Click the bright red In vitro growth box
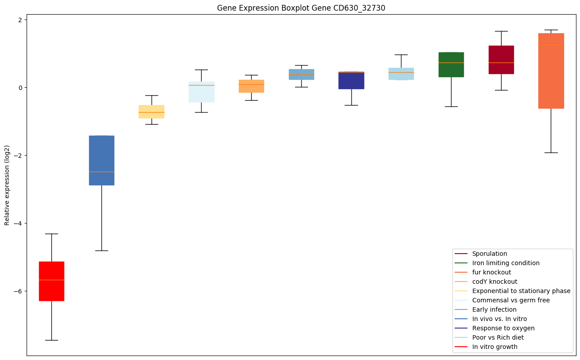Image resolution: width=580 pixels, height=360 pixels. [x=51, y=281]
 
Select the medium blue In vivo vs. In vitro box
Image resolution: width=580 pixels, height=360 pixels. [x=101, y=160]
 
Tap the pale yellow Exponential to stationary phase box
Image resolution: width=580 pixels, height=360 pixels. [x=152, y=111]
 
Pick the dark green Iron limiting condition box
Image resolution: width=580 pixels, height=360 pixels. [x=451, y=65]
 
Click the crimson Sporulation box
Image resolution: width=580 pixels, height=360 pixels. [x=501, y=59]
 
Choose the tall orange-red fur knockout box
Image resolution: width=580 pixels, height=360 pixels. [x=551, y=71]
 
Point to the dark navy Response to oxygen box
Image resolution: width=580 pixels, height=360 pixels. [x=351, y=80]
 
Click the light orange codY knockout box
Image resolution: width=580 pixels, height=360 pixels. [x=251, y=86]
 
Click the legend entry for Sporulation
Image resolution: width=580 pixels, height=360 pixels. [x=489, y=254]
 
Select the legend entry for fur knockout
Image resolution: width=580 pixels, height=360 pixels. [x=491, y=272]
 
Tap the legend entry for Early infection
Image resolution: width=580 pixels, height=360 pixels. [x=494, y=309]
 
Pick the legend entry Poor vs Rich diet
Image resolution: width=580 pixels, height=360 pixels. [x=498, y=337]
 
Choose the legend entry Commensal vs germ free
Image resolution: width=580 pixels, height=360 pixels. [x=510, y=300]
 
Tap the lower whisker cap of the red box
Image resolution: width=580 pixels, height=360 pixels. [x=51, y=340]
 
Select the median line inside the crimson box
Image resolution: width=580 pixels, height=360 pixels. [x=501, y=63]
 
